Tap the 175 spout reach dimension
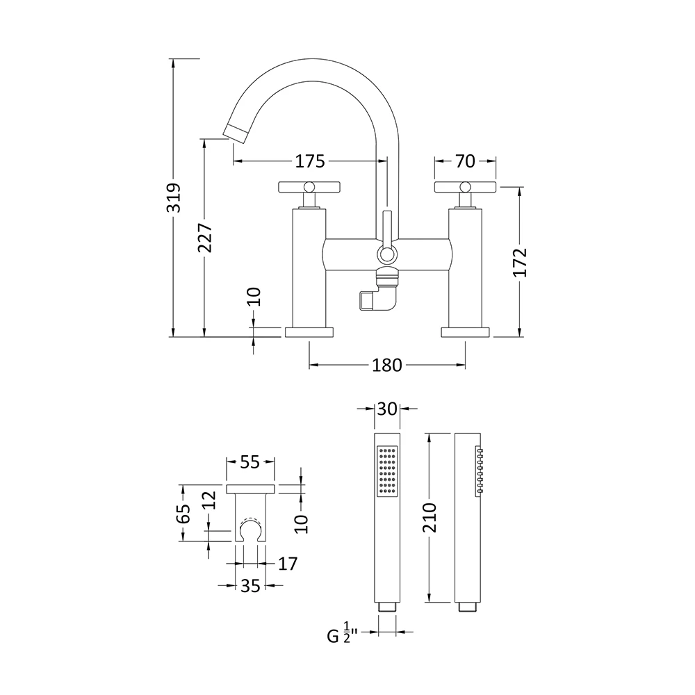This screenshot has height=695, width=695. coord(310,161)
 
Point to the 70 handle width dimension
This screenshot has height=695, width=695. coord(466,161)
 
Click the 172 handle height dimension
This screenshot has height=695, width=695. coord(521,262)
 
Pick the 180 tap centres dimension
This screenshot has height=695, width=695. coord(387,364)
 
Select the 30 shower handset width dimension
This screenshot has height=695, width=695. coord(387,409)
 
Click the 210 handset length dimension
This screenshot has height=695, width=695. coord(430,516)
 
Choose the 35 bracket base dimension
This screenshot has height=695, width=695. coord(250,586)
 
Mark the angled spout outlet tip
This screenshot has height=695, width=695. coord(234,131)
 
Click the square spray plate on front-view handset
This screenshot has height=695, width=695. coord(387,471)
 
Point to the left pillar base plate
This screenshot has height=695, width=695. coord(309,332)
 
